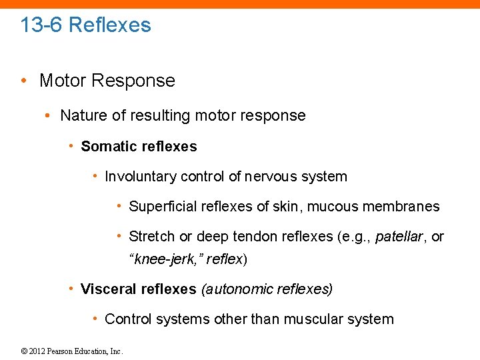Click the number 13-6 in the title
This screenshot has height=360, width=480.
pyautogui.click(x=41, y=25)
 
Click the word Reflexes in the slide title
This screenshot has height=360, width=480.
pyautogui.click(x=110, y=25)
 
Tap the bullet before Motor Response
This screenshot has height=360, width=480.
pyautogui.click(x=24, y=81)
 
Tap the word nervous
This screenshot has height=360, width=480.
pyautogui.click(x=269, y=177)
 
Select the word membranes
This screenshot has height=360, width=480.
pyautogui.click(x=401, y=207)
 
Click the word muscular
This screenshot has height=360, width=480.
pyautogui.click(x=311, y=319)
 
